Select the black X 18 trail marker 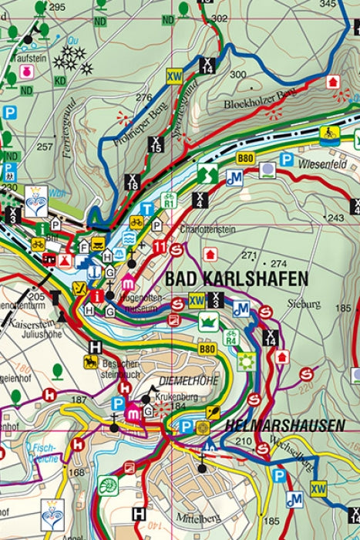[133, 182]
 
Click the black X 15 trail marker [156, 143]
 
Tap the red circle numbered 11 [160, 247]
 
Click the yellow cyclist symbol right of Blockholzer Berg [330, 133]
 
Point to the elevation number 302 [219, 18]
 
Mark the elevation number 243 [335, 218]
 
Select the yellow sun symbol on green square [246, 360]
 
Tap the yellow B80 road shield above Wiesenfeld [245, 158]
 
